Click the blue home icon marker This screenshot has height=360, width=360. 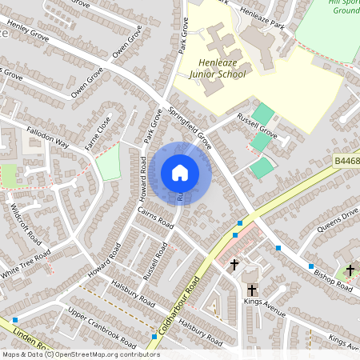click(x=180, y=173)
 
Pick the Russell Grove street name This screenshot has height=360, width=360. click(x=257, y=128)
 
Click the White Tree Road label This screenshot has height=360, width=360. click(x=26, y=262)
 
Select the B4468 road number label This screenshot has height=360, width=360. click(x=346, y=162)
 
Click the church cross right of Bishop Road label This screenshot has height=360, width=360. click(x=350, y=270)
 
